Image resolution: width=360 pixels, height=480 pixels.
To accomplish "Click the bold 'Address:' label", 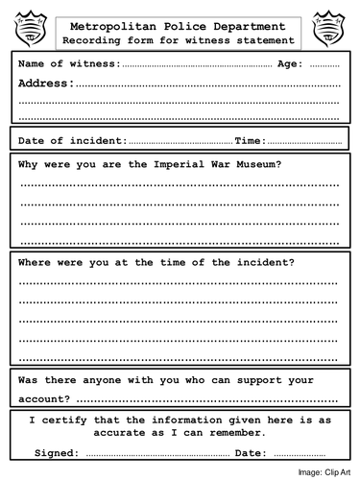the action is coord(46,84).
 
